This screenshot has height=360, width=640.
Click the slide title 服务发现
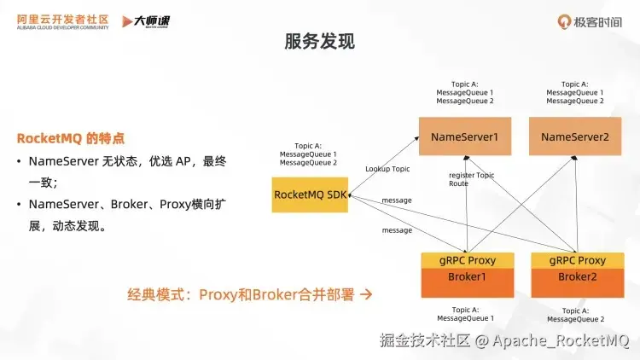320,41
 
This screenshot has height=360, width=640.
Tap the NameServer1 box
464,136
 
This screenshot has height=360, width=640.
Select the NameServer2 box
575,136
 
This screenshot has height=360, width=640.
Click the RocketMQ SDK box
310,195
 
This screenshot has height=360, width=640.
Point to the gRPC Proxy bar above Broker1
466,260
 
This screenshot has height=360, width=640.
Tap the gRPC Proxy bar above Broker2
577,260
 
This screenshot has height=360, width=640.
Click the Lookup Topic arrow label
387,169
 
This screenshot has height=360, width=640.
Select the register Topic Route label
471,179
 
